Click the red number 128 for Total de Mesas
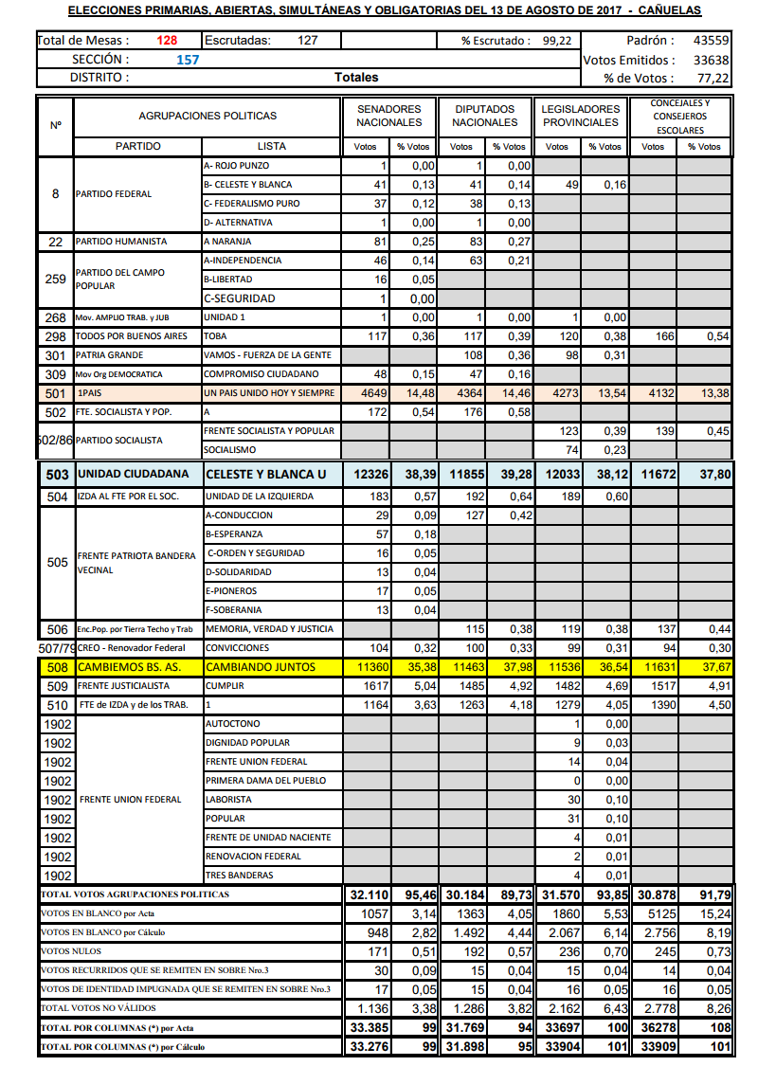coord(167,41)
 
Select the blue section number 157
coord(189,59)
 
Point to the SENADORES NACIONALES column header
coord(388,116)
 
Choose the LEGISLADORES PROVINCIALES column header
coord(580,116)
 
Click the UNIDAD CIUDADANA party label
coord(134,474)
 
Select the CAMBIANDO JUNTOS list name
coord(261,667)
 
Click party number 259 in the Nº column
coord(55,279)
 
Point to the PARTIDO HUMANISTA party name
coord(121,242)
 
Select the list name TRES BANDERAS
coord(239,876)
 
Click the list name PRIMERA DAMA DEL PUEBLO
coord(265,781)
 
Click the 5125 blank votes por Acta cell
coord(655,913)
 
